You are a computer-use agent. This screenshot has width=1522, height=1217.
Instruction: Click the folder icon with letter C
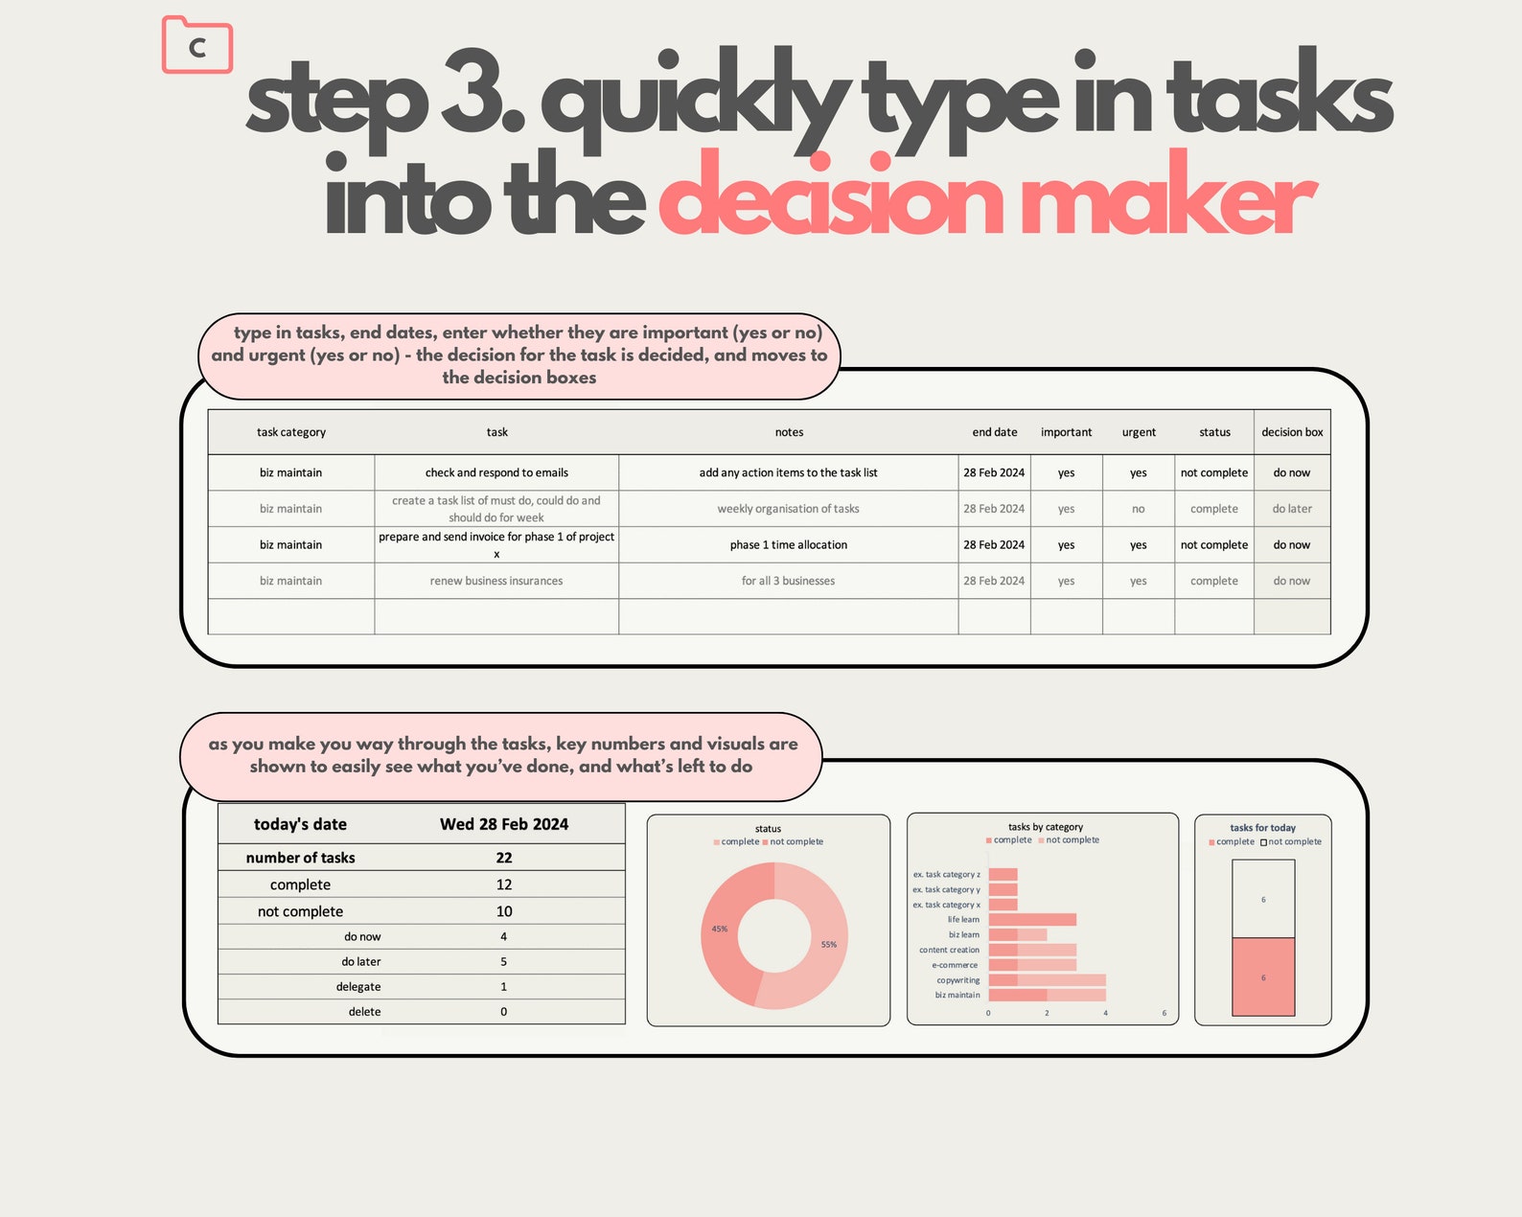point(197,45)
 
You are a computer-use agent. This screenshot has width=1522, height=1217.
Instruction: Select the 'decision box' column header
point(1291,432)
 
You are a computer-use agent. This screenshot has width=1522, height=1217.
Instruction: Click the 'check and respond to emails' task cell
point(496,472)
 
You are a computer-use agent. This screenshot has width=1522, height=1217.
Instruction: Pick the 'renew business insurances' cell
point(496,581)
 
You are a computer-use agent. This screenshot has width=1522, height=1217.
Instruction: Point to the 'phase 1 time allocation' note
point(788,544)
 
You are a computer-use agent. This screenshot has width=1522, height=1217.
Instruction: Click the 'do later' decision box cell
point(1291,509)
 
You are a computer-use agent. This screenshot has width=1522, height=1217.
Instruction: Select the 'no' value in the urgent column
point(1138,509)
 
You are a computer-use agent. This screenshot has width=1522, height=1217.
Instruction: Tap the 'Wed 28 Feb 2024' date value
point(503,824)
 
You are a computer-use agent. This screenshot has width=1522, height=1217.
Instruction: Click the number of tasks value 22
point(504,858)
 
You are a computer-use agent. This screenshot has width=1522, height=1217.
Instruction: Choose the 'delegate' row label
point(358,986)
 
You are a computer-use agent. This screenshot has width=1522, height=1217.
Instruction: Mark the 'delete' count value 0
point(504,1011)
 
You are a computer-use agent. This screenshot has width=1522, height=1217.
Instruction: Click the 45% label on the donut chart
point(720,929)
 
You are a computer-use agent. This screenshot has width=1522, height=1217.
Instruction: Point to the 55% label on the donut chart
point(829,944)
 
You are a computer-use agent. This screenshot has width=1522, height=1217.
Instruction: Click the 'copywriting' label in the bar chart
point(957,980)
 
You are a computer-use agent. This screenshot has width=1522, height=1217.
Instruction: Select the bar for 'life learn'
point(1031,919)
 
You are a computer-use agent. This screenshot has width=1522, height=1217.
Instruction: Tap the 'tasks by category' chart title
point(1045,827)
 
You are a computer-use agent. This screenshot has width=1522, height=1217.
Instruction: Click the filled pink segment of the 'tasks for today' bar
point(1262,976)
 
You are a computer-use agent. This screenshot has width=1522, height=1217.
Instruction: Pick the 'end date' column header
point(994,432)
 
